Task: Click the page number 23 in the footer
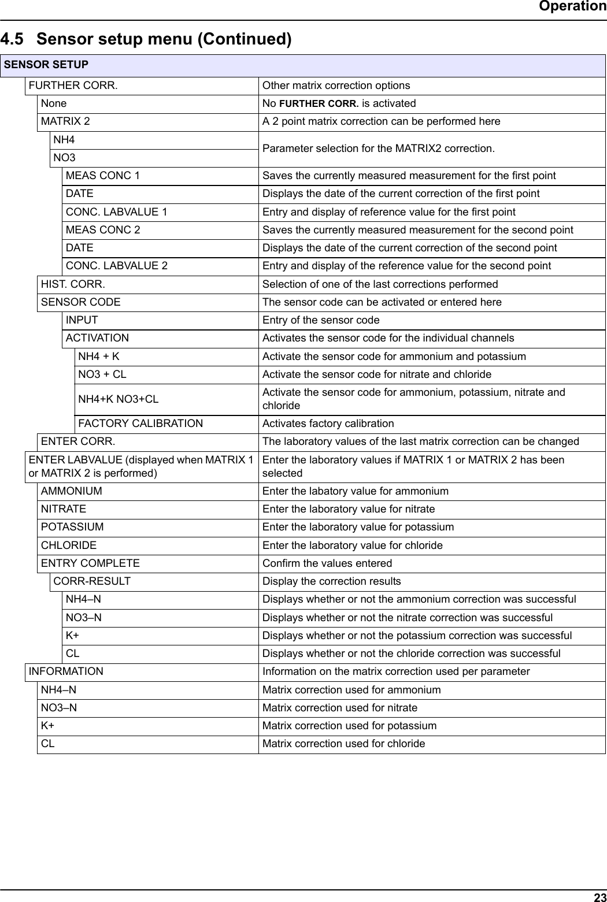point(599,897)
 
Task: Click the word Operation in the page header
point(572,6)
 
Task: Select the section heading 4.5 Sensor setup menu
point(146,39)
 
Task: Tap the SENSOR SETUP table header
point(46,65)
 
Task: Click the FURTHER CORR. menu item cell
point(73,86)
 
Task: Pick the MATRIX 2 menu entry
point(65,121)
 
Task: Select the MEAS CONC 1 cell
point(103,176)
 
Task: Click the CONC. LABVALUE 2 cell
point(117,266)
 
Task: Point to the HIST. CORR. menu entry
point(73,284)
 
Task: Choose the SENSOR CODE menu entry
point(81,302)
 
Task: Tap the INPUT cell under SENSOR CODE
point(82,320)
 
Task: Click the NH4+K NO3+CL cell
point(119,399)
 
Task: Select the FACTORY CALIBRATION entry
point(140,424)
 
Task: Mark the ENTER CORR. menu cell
point(78,441)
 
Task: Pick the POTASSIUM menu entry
point(72,527)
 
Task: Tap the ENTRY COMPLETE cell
point(90,563)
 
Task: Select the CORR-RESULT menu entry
point(92,581)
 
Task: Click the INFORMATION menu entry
point(66,671)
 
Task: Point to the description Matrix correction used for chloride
point(343,744)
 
